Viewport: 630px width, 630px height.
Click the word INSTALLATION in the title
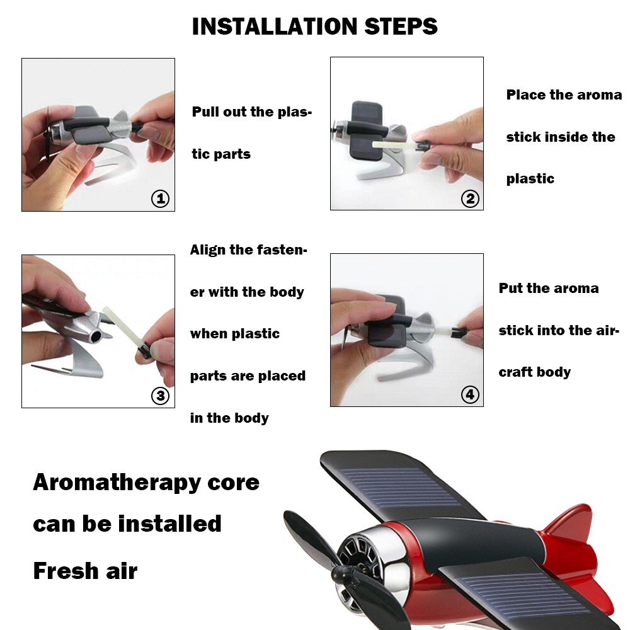[275, 26]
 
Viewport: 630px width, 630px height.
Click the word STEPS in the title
[401, 26]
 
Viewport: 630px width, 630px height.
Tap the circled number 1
[160, 199]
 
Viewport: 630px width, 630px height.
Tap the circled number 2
[470, 199]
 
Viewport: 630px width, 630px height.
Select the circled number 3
[160, 396]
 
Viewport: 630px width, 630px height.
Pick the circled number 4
[470, 395]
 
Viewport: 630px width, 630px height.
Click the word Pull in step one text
[205, 112]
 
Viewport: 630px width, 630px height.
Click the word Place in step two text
[525, 95]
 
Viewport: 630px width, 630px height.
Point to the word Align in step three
[209, 250]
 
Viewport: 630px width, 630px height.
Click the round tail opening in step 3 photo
[94, 338]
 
